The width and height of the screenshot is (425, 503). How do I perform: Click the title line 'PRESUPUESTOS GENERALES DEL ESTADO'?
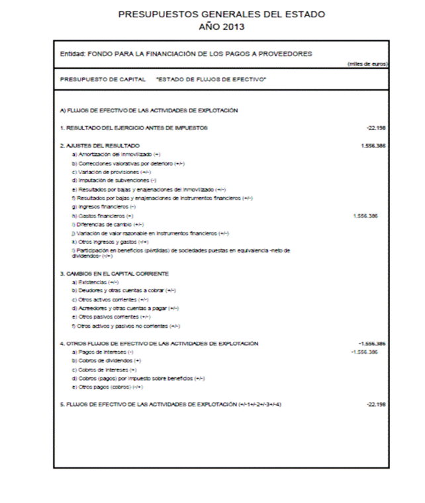click(x=221, y=14)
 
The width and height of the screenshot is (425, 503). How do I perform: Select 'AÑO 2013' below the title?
click(x=221, y=26)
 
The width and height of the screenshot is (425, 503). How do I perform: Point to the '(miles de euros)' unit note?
click(x=367, y=64)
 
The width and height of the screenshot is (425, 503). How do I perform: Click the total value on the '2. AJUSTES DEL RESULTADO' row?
click(x=374, y=145)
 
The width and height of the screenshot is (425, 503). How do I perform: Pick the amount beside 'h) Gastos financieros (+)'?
click(x=365, y=215)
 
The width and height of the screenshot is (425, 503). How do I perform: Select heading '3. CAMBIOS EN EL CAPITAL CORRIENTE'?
click(x=114, y=274)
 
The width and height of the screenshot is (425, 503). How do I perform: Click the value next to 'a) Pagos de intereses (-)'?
click(x=364, y=352)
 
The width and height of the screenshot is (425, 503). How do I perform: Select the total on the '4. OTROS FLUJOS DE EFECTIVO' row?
click(x=372, y=344)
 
